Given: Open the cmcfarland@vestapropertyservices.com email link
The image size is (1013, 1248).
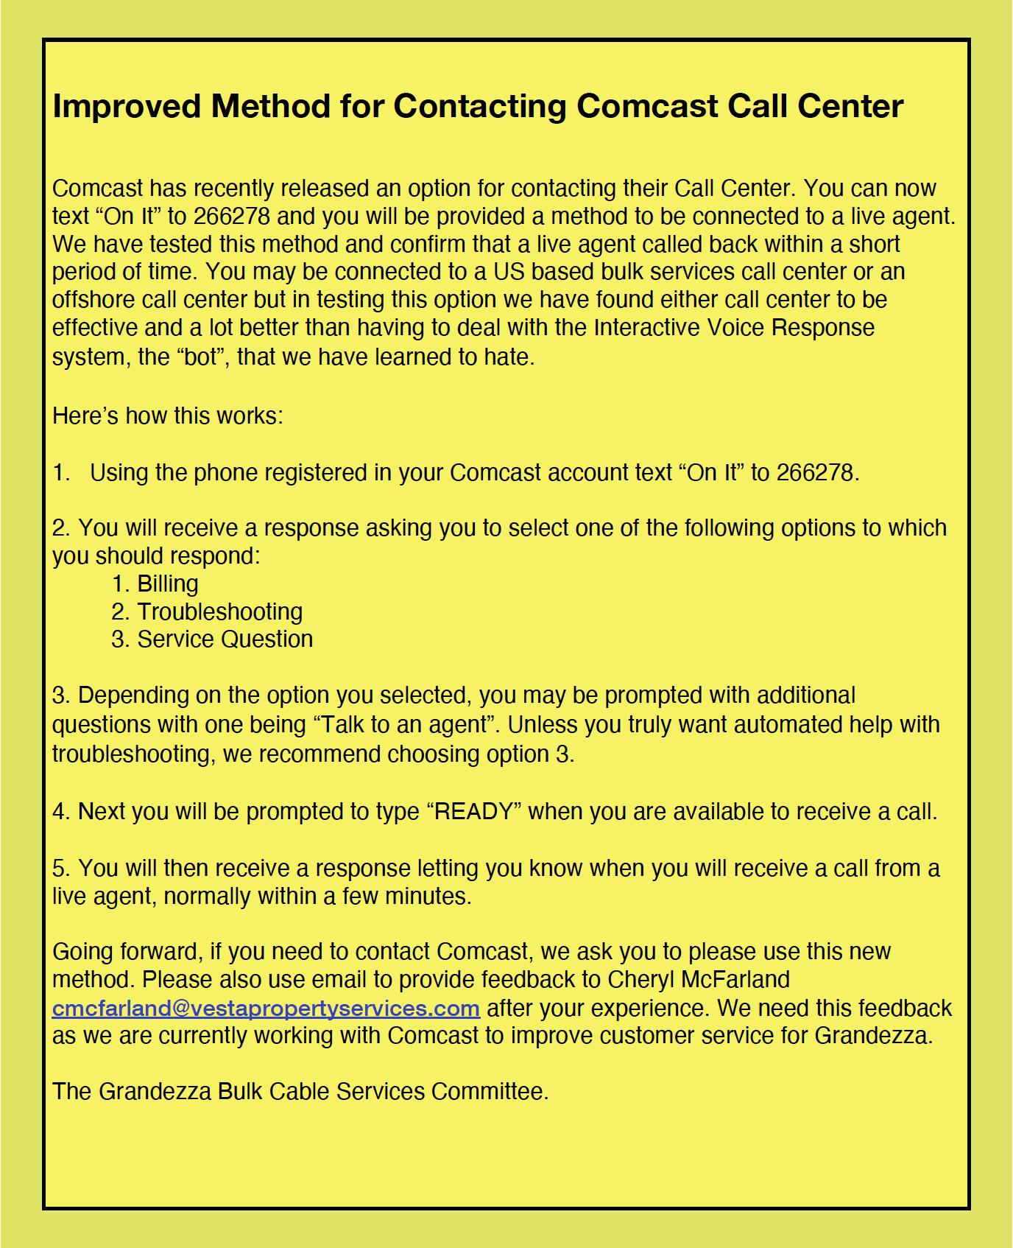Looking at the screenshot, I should tap(266, 1007).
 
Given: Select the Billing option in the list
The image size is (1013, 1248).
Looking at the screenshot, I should tap(167, 583).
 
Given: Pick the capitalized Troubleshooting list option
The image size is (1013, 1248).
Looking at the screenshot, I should tap(219, 611).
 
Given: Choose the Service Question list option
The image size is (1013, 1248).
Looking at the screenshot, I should tap(225, 639).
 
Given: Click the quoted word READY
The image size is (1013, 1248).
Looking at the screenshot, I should tap(474, 811).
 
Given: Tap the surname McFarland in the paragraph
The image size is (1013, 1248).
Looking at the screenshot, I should tap(737, 979).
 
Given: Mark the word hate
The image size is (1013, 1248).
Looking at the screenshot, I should tap(507, 357).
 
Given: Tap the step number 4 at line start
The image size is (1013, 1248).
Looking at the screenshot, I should tap(59, 812).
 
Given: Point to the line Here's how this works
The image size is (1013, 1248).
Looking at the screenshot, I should tap(167, 416).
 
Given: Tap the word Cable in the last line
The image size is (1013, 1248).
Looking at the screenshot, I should tap(299, 1091).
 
